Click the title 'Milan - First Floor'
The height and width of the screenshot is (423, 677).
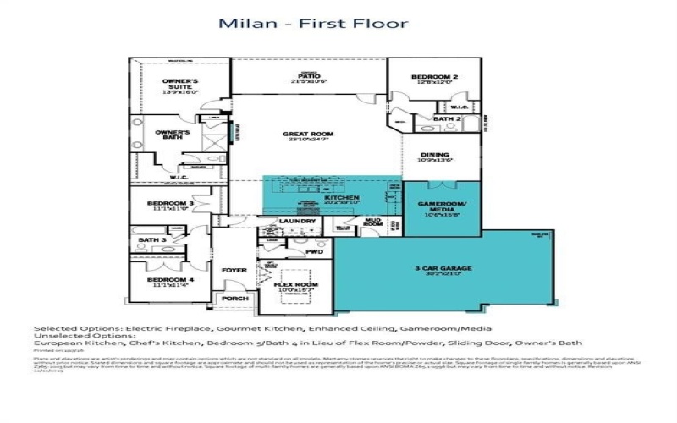tap(313, 23)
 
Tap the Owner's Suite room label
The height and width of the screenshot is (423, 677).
tap(180, 85)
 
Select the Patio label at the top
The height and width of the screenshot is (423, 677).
tap(308, 78)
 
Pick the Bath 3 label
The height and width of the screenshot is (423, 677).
tap(151, 240)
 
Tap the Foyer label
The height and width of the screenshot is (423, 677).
tap(234, 270)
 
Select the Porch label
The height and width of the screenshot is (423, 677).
tap(233, 299)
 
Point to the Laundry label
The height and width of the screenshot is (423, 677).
tap(297, 222)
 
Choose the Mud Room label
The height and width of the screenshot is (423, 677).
tap(372, 222)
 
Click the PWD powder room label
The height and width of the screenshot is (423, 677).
tap(315, 251)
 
